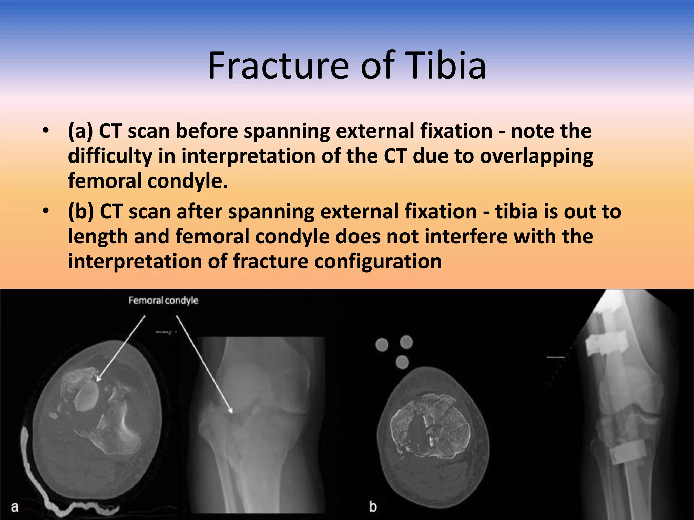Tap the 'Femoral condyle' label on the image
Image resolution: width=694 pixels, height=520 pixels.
coord(163,300)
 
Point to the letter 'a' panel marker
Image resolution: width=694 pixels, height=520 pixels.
coord(15,507)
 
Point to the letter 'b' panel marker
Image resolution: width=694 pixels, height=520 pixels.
coord(373,506)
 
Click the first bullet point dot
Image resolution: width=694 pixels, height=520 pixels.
coord(46,131)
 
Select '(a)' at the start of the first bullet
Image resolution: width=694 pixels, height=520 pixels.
coord(80,131)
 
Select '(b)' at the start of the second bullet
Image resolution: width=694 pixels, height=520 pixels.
coord(81,212)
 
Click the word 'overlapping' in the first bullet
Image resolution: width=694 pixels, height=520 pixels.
coord(536,156)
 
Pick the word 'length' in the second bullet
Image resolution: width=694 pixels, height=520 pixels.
coord(98,237)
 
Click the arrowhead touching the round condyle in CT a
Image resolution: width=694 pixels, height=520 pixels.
coord(98,379)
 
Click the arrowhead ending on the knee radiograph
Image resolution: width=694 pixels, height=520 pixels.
coord(231,411)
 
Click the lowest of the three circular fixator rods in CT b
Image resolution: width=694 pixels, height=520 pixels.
coord(402,362)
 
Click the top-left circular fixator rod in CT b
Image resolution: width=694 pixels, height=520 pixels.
coord(382,345)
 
